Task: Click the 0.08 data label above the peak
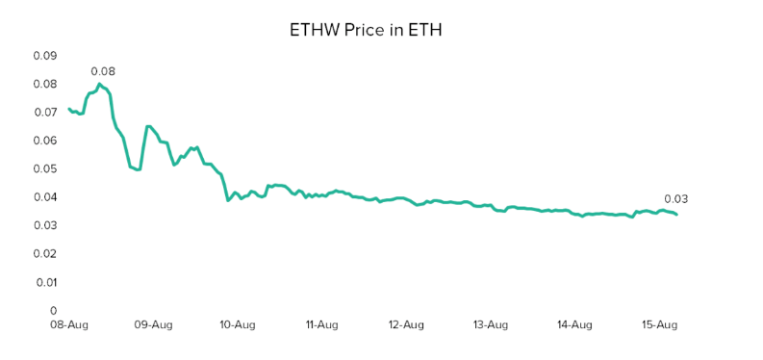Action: pyautogui.click(x=103, y=71)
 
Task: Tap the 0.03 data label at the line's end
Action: pyautogui.click(x=675, y=199)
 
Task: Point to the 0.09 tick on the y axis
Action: pyautogui.click(x=45, y=56)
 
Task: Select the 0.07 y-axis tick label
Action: pyautogui.click(x=45, y=113)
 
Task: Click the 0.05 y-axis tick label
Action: pyautogui.click(x=45, y=169)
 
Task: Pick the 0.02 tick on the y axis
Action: pyautogui.click(x=45, y=254)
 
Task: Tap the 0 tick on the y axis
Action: pyautogui.click(x=54, y=311)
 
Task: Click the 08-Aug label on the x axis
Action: pyautogui.click(x=69, y=325)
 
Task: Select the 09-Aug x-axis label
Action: pyautogui.click(x=153, y=325)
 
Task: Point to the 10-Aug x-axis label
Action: pyautogui.click(x=237, y=325)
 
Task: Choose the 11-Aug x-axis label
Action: pyautogui.click(x=321, y=325)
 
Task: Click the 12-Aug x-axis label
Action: pyautogui.click(x=405, y=325)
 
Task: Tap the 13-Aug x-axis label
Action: pyautogui.click(x=490, y=325)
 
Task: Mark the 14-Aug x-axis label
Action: pyautogui.click(x=573, y=325)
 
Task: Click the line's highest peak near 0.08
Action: pyautogui.click(x=99, y=84)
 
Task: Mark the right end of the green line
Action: pyautogui.click(x=676, y=214)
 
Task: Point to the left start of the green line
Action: pyautogui.click(x=68, y=109)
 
